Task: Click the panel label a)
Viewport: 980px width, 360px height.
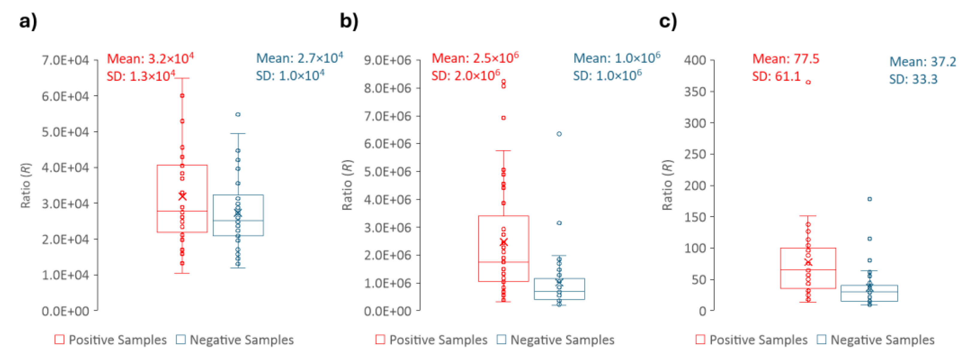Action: coord(28,21)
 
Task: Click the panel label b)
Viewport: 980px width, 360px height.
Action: coord(349,21)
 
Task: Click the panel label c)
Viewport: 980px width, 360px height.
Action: coord(668,21)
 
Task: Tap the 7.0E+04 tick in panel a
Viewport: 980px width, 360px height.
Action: coord(65,60)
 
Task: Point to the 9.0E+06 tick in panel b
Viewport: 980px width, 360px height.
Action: coord(387,60)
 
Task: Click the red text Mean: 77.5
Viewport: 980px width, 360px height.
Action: coord(785,59)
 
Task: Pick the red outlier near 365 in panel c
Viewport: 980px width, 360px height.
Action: coord(808,82)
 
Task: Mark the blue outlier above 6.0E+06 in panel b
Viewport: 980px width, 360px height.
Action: coord(559,134)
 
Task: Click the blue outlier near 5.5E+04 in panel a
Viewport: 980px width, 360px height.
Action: coord(238,115)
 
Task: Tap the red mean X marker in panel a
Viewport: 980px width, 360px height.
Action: coord(182,196)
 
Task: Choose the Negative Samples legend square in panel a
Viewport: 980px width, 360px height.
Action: coord(181,339)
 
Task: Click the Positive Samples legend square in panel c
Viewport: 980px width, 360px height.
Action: coord(700,339)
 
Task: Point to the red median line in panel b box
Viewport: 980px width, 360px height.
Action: coord(503,262)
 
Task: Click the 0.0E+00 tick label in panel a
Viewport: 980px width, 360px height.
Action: coord(65,311)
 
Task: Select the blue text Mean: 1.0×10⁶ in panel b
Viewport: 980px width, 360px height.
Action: coord(616,58)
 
